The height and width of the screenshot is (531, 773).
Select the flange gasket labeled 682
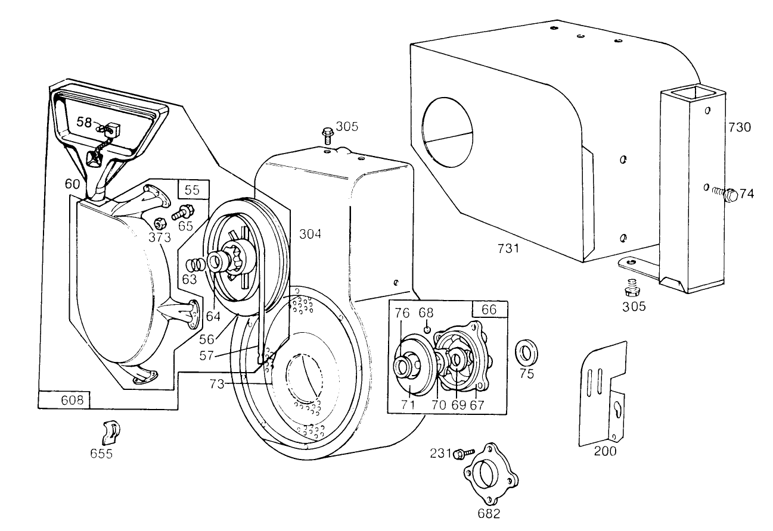point(491,473)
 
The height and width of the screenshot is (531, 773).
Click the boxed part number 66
point(489,310)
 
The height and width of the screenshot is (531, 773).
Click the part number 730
point(739,127)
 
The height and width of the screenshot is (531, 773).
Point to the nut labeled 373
point(160,224)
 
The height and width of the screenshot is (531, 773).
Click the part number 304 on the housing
point(310,235)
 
